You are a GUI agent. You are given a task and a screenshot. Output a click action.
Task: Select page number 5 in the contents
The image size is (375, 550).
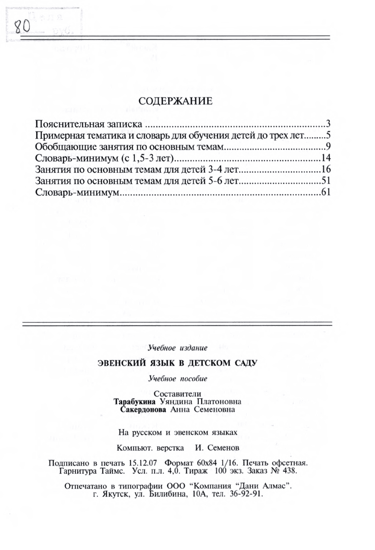tap(326, 135)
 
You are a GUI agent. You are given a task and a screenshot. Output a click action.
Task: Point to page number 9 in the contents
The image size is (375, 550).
tap(326, 146)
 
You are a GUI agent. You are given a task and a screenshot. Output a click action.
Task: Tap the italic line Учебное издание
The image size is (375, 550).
tap(178, 347)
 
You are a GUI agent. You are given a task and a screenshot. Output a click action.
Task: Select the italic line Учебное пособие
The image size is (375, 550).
tap(178, 379)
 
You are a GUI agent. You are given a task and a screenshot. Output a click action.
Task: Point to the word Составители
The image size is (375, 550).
tap(178, 394)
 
